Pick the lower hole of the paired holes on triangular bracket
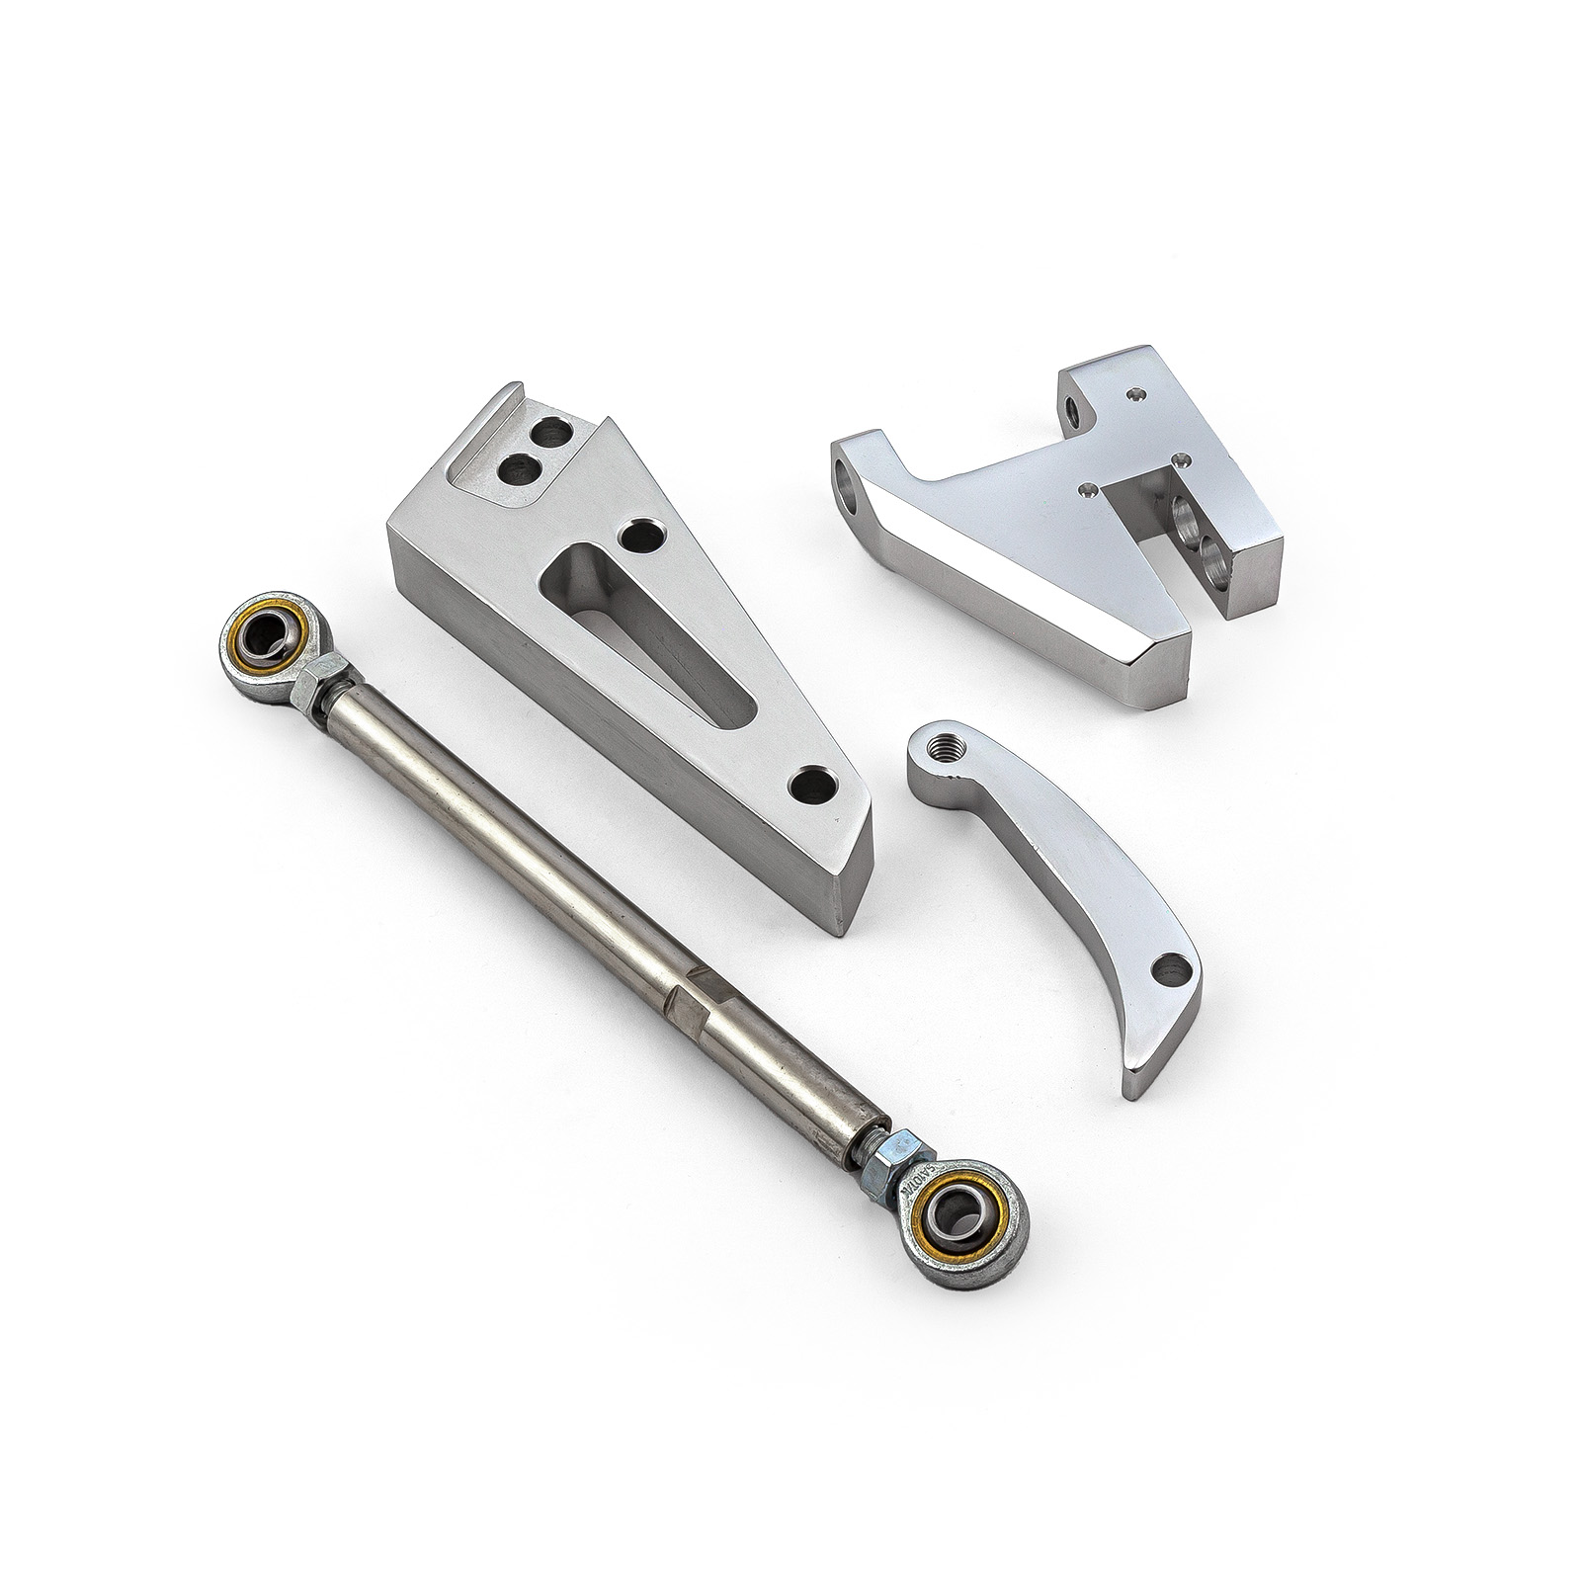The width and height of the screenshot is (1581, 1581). (x=517, y=470)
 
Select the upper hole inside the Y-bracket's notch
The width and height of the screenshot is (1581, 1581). (x=1183, y=513)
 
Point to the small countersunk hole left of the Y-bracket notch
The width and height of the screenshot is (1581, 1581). (x=1089, y=488)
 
